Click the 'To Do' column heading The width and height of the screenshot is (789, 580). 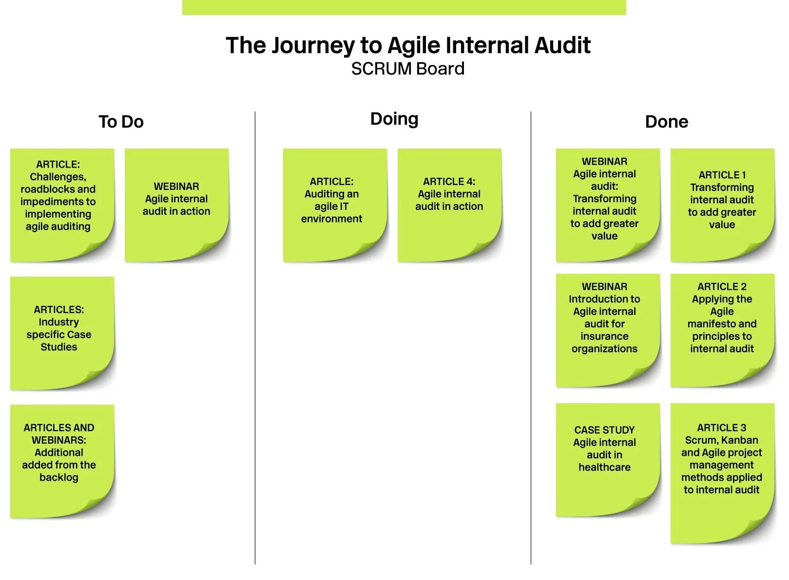[121, 122]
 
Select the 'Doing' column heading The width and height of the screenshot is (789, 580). [394, 119]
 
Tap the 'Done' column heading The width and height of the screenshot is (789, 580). [666, 122]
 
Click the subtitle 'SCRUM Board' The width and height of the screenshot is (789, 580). [407, 69]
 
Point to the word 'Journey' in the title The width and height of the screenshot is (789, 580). [313, 45]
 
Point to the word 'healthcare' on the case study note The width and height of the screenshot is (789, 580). [604, 468]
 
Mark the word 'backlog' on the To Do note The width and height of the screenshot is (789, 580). [59, 478]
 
